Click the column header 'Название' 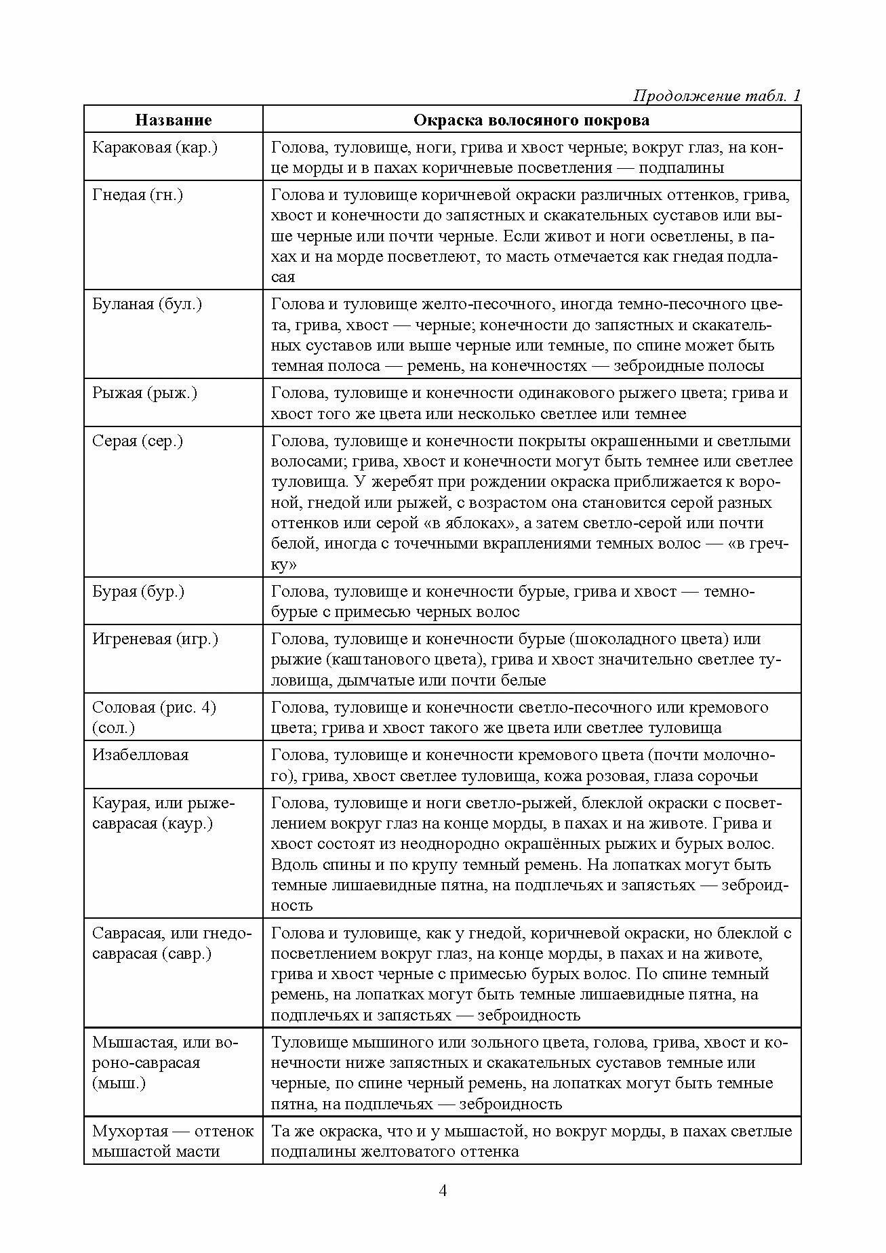(x=174, y=120)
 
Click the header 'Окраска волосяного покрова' (x=531, y=120)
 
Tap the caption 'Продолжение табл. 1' (x=717, y=96)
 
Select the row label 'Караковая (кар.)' (x=155, y=148)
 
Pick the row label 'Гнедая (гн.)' (x=138, y=195)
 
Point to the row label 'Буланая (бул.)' (x=147, y=304)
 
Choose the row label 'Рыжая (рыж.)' (x=144, y=393)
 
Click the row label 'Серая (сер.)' (x=138, y=441)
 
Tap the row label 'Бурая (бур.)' (x=138, y=591)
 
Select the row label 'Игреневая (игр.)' (x=155, y=639)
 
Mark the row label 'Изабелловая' (x=140, y=755)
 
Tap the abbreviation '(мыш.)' (x=119, y=1083)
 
